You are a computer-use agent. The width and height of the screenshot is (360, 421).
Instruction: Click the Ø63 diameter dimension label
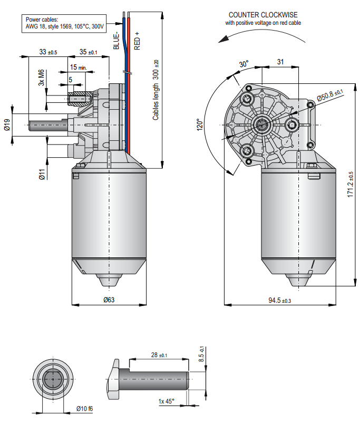point(109,300)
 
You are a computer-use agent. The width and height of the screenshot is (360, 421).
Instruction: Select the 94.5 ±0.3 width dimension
point(280,300)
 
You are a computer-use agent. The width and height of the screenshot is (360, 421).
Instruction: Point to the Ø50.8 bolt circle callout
point(329,95)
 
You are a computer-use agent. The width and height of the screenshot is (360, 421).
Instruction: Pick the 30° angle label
point(243,64)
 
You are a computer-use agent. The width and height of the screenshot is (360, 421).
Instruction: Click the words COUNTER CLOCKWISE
point(262,15)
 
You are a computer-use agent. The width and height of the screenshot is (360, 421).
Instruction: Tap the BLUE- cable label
point(117,41)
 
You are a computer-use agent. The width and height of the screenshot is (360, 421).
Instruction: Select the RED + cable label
point(137,41)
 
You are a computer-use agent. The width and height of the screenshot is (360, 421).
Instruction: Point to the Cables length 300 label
point(156,89)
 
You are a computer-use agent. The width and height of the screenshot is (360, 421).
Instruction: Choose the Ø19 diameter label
point(7,125)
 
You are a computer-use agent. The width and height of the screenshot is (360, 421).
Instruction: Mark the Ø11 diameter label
point(42,174)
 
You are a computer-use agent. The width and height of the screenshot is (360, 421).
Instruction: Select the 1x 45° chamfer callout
point(167,402)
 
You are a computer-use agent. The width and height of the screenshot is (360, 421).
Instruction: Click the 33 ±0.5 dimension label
point(48,52)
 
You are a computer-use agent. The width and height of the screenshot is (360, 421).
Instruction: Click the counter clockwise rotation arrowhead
point(223,40)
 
